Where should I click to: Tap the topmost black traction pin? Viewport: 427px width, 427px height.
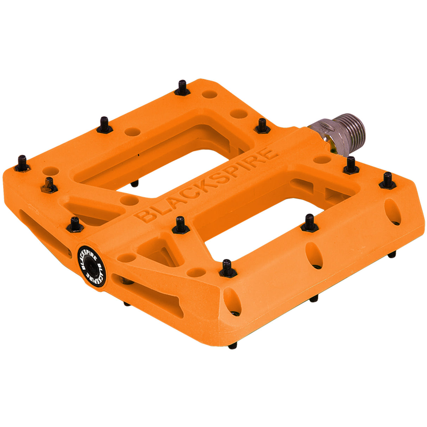182,88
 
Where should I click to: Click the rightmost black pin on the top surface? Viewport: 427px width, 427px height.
387,180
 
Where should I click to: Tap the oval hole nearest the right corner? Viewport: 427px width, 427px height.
393,212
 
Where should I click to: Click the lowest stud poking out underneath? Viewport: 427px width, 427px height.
232,346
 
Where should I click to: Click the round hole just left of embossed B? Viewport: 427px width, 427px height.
129,200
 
